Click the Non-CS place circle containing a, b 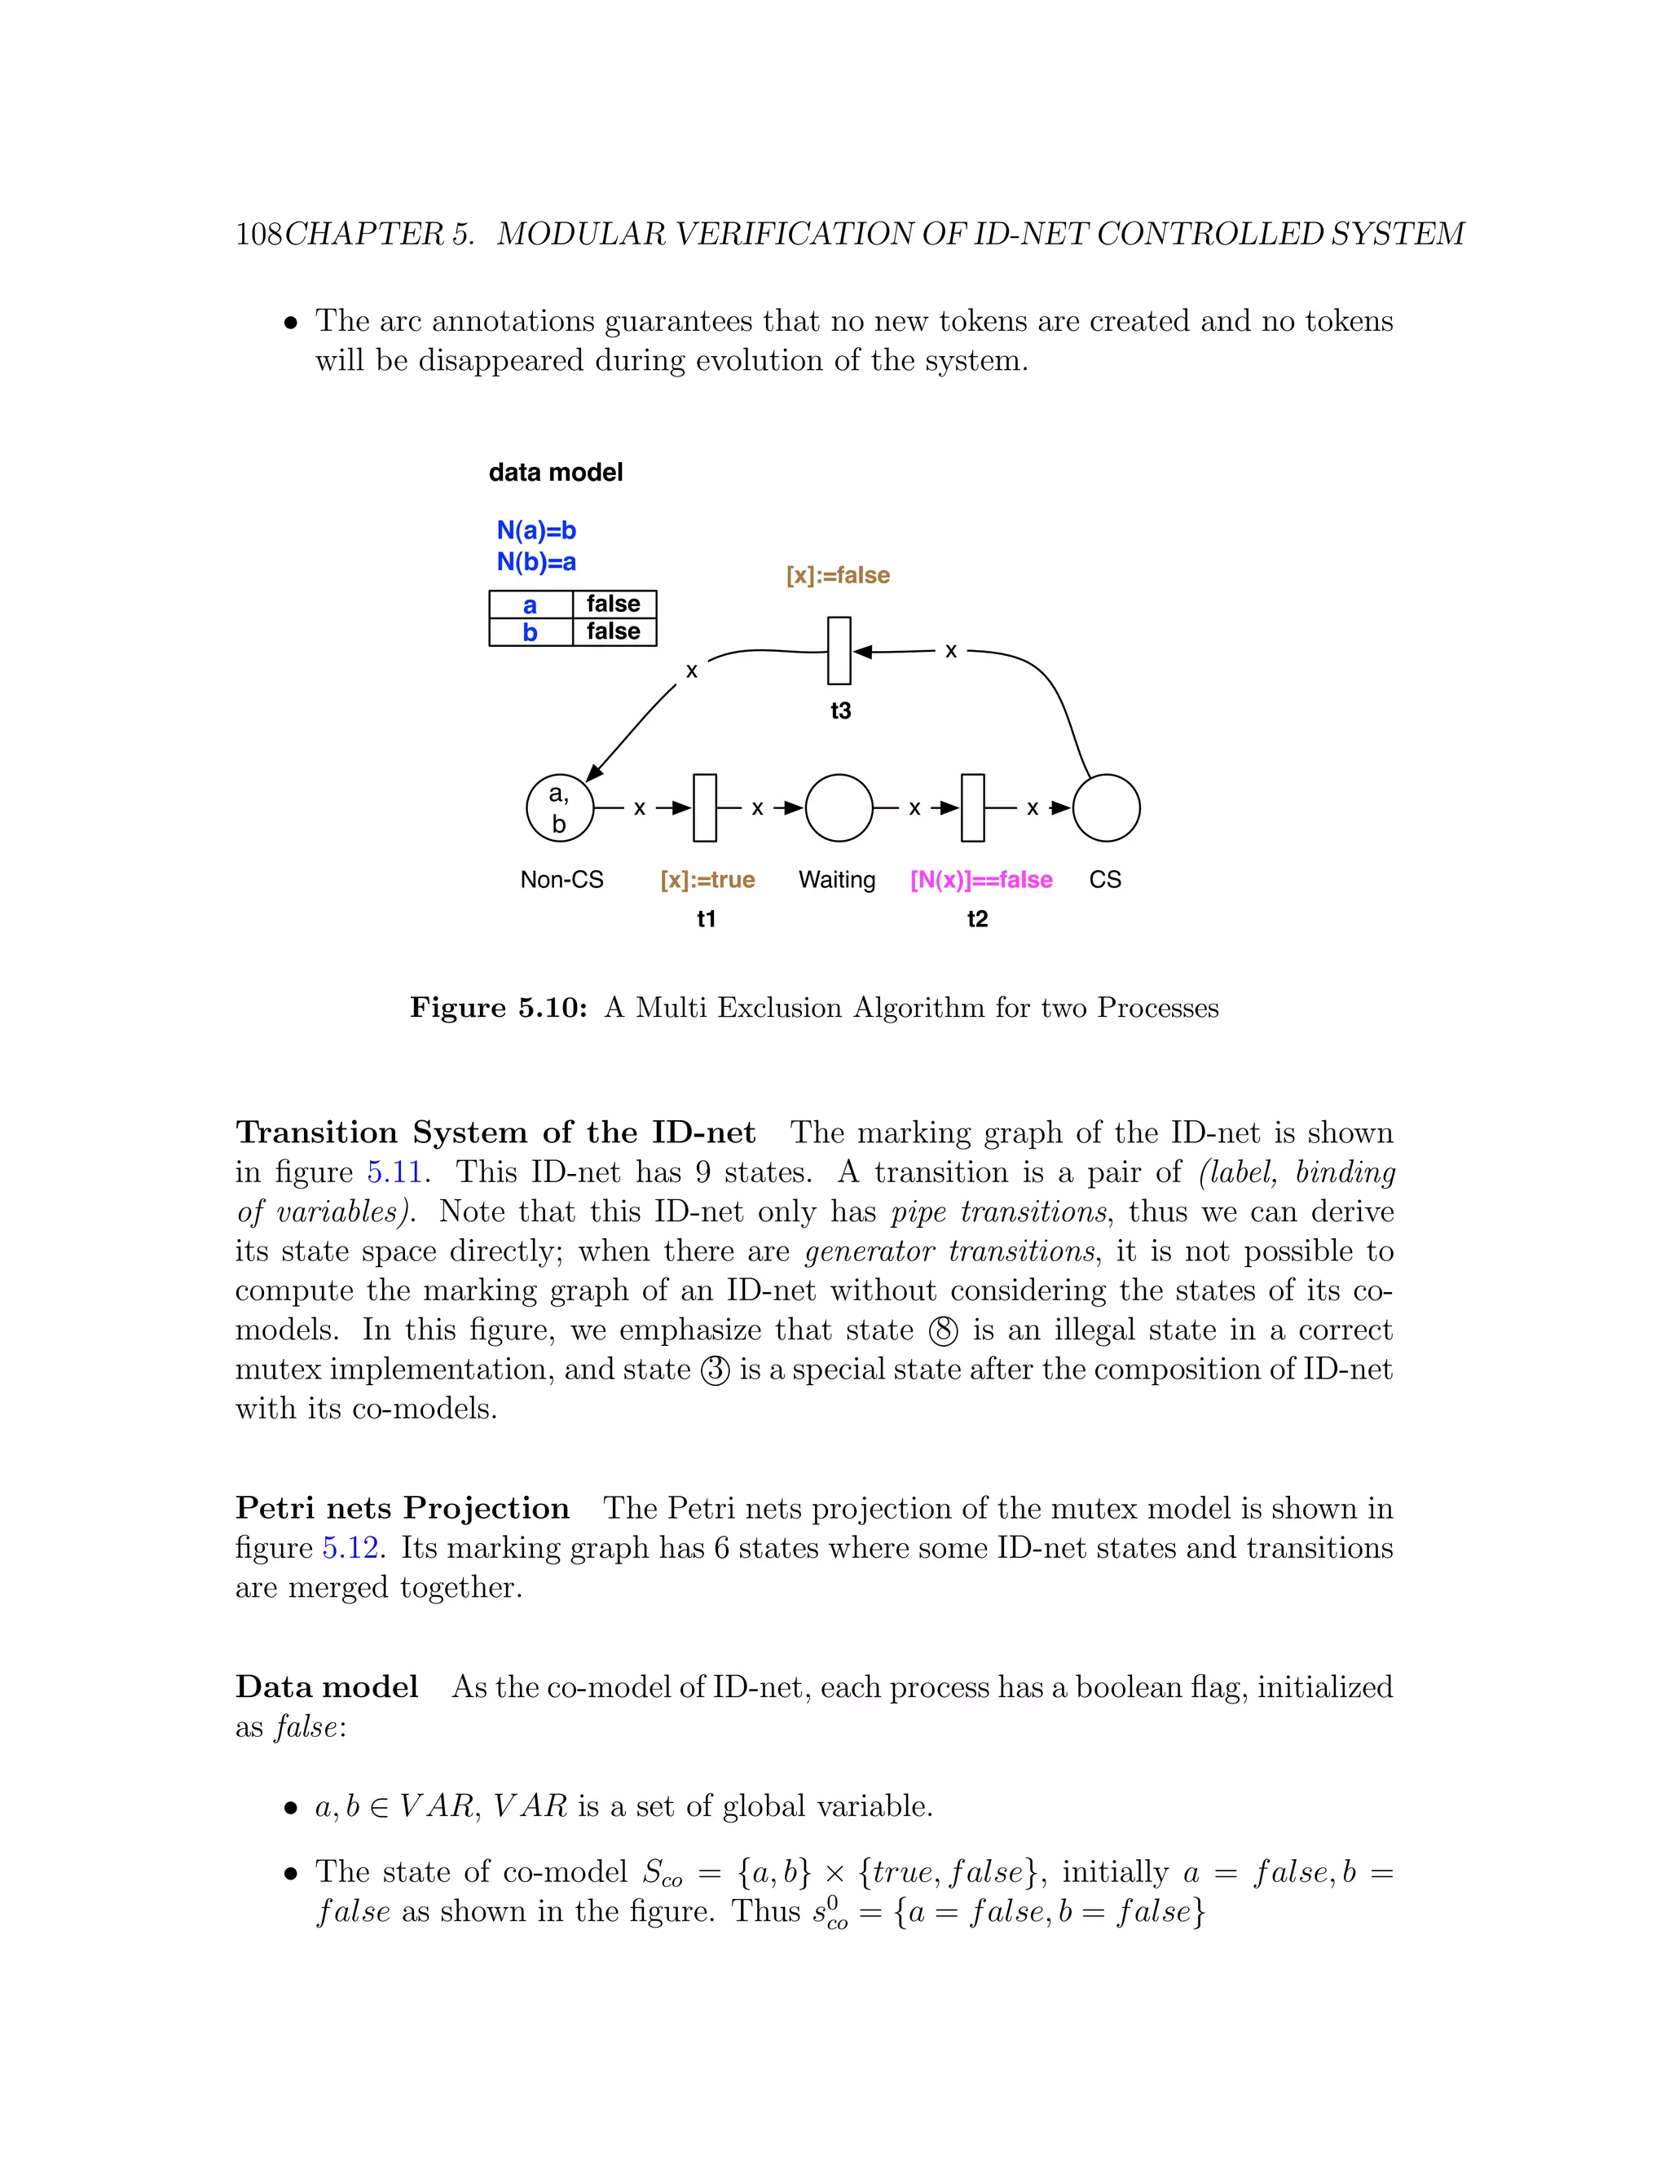560,807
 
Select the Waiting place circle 839,807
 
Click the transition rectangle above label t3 839,650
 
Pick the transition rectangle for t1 705,807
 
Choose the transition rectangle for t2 973,807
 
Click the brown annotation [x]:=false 838,575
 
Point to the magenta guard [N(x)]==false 981,880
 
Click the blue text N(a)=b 536,531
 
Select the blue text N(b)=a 536,562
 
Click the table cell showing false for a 613,604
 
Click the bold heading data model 556,473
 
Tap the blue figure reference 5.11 394,1172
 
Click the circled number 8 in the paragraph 943,1331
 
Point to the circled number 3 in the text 715,1371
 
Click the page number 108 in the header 258,235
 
